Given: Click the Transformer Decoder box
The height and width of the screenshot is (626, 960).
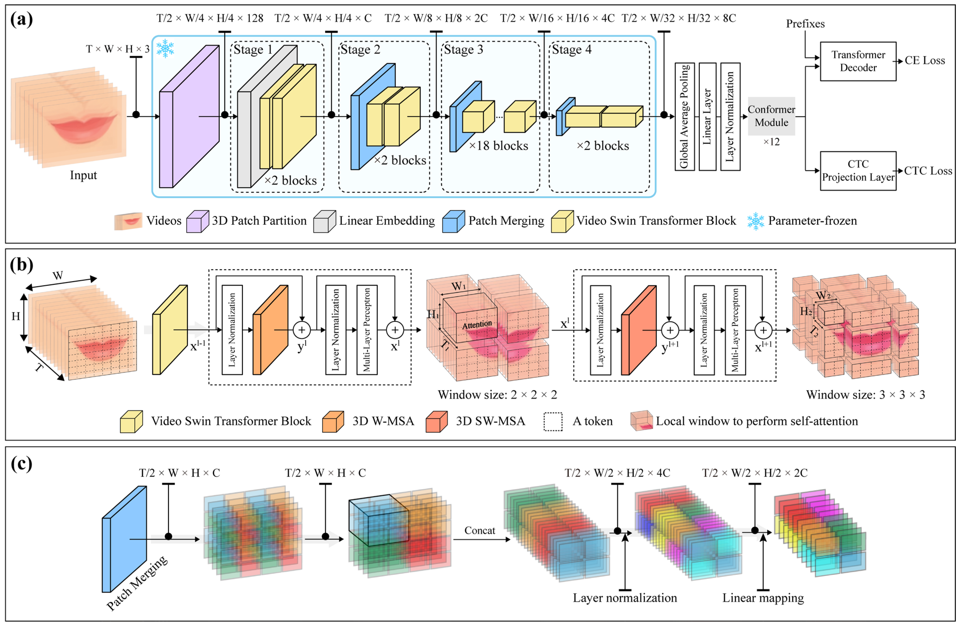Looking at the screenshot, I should coord(858,61).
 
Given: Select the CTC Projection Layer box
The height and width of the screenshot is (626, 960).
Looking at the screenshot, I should coord(858,171).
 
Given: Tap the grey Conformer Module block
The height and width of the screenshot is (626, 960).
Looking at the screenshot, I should coord(771,116).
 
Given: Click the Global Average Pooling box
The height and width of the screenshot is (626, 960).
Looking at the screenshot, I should coord(685,117).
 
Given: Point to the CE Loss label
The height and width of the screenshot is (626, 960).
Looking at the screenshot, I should coord(924,61).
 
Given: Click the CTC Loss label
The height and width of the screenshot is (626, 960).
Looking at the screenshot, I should coord(928,171).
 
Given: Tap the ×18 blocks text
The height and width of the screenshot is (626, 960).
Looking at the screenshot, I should coord(499,146).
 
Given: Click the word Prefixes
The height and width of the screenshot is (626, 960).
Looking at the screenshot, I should coord(805,24).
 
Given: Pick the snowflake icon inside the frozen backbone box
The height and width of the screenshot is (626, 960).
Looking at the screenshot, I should coord(165,49).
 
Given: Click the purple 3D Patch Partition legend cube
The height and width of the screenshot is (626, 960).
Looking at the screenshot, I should coord(197,222).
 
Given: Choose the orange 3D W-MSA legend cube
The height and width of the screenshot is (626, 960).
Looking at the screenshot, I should coord(333,422).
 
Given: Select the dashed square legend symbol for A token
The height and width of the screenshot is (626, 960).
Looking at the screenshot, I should coord(553,422).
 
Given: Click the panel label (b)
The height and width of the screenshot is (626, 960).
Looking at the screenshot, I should coord(21,265).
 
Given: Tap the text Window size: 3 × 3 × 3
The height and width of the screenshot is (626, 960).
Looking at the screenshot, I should coord(865,395).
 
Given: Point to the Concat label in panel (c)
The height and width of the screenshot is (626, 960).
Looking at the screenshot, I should coord(480,530).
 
